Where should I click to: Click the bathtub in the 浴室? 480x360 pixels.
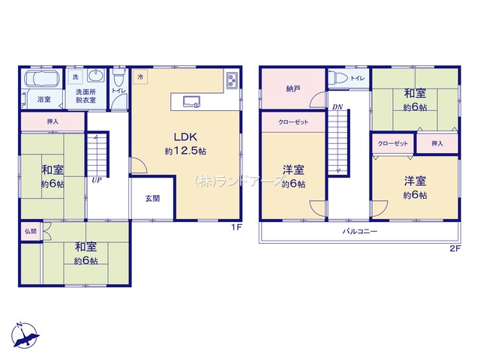point(41,79)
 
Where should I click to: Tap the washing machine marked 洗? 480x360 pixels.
point(75,76)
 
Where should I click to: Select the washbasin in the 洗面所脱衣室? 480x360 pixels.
point(96,75)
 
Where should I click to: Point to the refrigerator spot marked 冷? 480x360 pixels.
point(140,76)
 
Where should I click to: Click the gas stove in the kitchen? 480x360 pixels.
point(232,80)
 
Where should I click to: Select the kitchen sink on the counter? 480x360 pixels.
point(192,102)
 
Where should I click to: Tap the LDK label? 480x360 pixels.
point(185,136)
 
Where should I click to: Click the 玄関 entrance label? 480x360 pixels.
point(152,198)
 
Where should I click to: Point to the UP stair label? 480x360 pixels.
point(97,180)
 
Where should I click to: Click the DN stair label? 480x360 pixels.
point(337,106)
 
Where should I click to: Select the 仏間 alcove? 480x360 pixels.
point(31,231)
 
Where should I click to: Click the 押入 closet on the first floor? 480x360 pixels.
point(52,121)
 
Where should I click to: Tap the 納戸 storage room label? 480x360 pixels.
point(293,88)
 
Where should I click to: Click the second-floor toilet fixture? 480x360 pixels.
point(338,78)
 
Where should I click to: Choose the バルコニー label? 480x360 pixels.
point(360,231)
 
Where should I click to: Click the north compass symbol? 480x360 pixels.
point(25,335)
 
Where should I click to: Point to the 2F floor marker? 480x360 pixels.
point(455,248)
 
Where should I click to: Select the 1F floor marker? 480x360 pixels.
point(237,227)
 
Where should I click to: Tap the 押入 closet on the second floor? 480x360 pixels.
point(437,143)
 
